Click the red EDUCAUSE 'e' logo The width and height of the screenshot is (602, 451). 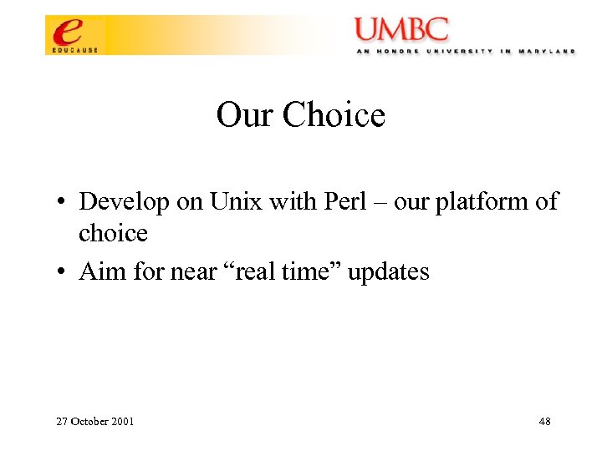click(69, 33)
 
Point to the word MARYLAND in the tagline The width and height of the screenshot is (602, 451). click(548, 51)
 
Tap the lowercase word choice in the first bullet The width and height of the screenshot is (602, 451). click(113, 233)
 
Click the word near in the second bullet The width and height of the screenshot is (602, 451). click(188, 271)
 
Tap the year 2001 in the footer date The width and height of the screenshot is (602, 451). click(120, 422)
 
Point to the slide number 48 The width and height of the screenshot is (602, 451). click(544, 422)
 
